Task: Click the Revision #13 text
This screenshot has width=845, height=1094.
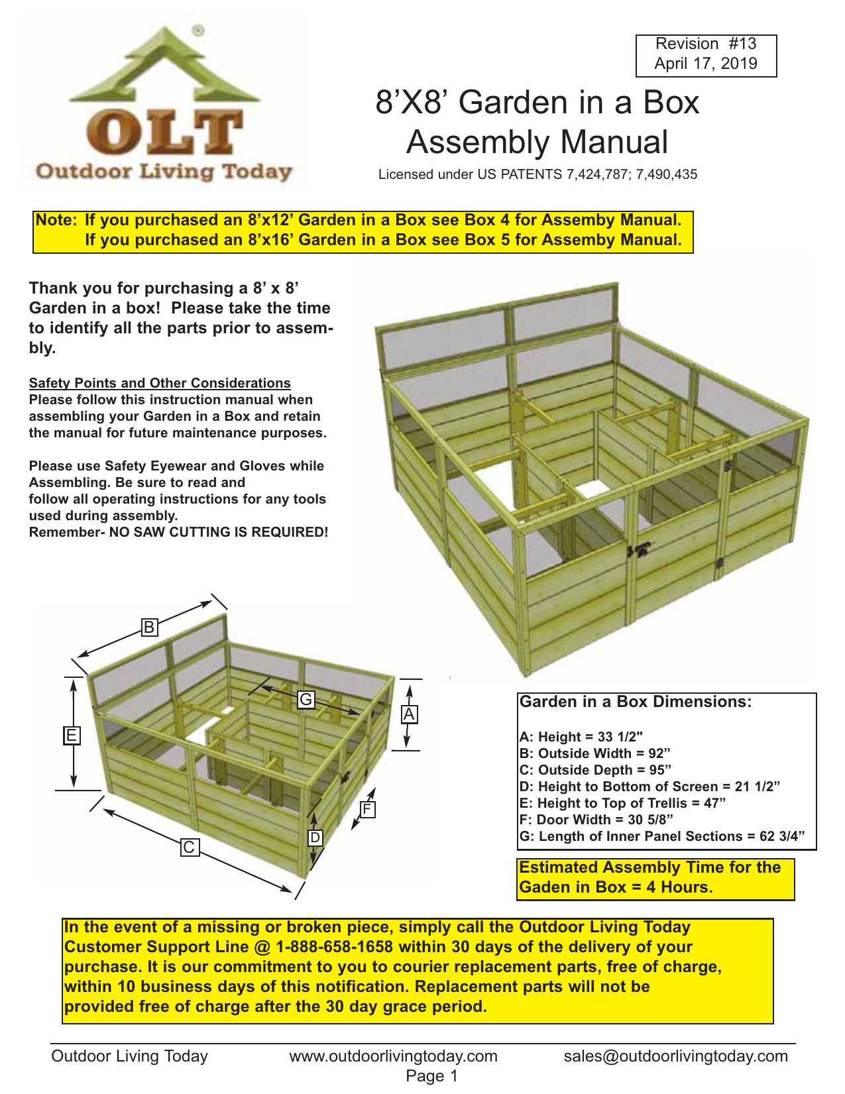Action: pyautogui.click(x=706, y=44)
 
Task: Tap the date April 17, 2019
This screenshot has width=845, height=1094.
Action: pyautogui.click(x=706, y=64)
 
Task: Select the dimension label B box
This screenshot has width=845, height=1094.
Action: pyautogui.click(x=150, y=627)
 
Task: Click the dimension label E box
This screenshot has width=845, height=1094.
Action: pyautogui.click(x=72, y=736)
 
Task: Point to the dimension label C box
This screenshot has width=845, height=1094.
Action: pyautogui.click(x=190, y=847)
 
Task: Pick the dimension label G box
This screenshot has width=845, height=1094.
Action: pyautogui.click(x=306, y=700)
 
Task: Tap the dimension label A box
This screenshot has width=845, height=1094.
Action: pyautogui.click(x=409, y=714)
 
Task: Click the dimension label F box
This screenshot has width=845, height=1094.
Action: pyautogui.click(x=367, y=809)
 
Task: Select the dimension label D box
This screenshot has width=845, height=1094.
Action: pyautogui.click(x=315, y=838)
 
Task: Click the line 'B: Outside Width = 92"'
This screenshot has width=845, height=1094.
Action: pyautogui.click(x=594, y=753)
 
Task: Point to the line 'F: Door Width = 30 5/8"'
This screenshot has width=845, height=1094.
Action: pyautogui.click(x=596, y=820)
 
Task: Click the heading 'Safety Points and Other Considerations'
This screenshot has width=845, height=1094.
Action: pyautogui.click(x=160, y=383)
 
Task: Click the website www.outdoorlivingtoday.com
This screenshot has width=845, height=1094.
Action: pyautogui.click(x=393, y=1056)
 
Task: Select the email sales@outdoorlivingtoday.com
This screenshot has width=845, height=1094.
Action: pyautogui.click(x=675, y=1056)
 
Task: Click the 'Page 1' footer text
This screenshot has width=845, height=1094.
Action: pyautogui.click(x=431, y=1076)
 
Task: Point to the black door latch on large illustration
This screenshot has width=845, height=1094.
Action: pyautogui.click(x=640, y=550)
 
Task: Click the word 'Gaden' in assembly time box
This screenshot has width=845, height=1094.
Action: pyautogui.click(x=539, y=887)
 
